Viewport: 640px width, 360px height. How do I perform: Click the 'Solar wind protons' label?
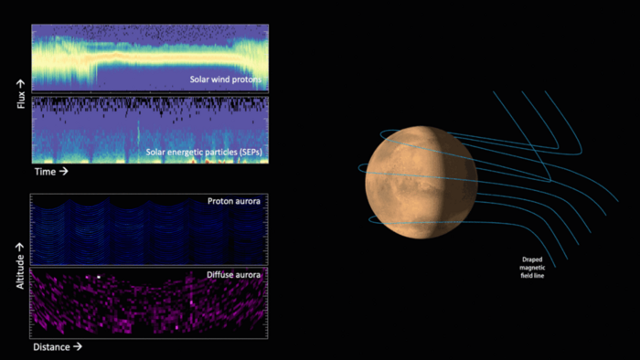224,79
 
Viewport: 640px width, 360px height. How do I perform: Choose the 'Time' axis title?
50,171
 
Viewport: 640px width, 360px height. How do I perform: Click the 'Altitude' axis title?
20,266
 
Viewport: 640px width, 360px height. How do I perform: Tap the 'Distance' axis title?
57,347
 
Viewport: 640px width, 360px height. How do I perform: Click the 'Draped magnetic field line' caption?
534,267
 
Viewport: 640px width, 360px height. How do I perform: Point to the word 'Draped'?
533,259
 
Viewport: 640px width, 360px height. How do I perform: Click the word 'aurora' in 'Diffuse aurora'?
249,273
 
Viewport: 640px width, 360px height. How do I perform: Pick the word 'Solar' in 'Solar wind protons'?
199,79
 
